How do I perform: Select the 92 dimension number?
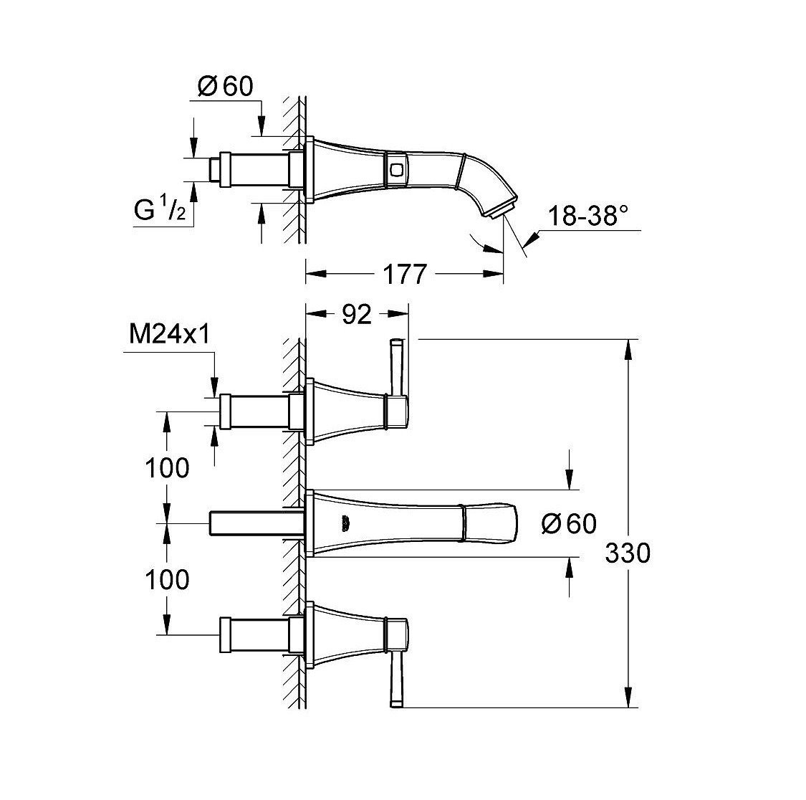[356, 314]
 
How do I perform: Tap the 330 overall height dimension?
[627, 553]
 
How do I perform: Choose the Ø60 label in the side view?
[225, 87]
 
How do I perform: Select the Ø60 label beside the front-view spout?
[569, 523]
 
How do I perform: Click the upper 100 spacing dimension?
[166, 468]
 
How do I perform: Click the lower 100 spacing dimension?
[166, 579]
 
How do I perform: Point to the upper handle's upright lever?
[395, 367]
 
